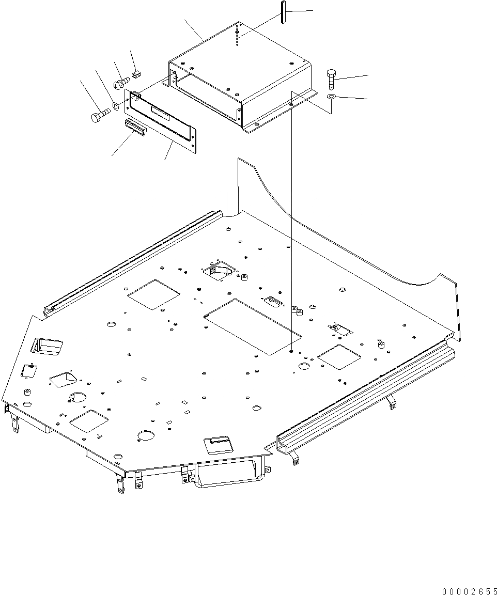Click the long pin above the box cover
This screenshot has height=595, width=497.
tap(284, 13)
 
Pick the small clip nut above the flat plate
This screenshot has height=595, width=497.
tap(136, 74)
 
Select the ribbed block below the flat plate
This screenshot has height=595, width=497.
tap(136, 126)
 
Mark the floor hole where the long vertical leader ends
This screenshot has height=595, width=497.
tap(292, 351)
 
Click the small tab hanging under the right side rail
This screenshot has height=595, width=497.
tap(392, 402)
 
